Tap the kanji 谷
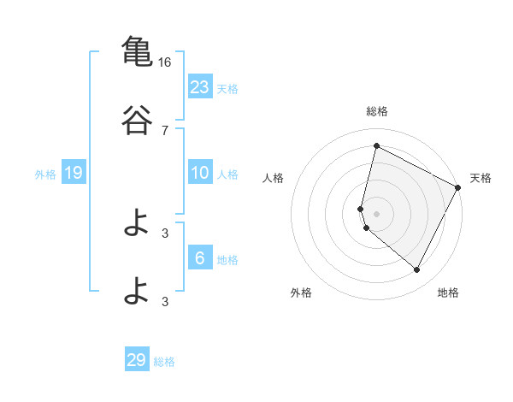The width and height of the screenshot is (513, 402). pos(136,121)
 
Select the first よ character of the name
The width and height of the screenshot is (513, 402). pos(136,224)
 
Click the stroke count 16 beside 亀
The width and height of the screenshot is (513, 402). pos(164,62)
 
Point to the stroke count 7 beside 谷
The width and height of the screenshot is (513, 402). pos(164,131)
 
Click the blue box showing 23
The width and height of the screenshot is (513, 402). pos(200,87)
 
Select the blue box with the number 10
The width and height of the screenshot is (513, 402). pos(200,173)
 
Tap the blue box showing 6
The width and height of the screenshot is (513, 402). pos(200,258)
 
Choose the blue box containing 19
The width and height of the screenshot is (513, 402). pos(74,173)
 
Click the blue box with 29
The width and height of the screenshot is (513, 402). pos(137,360)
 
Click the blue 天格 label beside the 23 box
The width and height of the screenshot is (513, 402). pos(227,88)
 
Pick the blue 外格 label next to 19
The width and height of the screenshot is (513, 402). pos(45,174)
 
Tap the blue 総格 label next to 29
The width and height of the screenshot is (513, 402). pos(164,362)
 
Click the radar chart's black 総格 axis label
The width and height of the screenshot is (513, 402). pos(376,111)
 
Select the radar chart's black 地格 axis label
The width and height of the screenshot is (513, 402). pos(448,293)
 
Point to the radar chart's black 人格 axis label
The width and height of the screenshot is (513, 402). pos(273,178)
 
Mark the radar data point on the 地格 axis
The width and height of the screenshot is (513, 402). pos(416,270)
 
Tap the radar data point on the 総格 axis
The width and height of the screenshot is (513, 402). pos(376,146)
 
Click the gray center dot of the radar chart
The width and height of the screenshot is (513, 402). pos(376,213)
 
